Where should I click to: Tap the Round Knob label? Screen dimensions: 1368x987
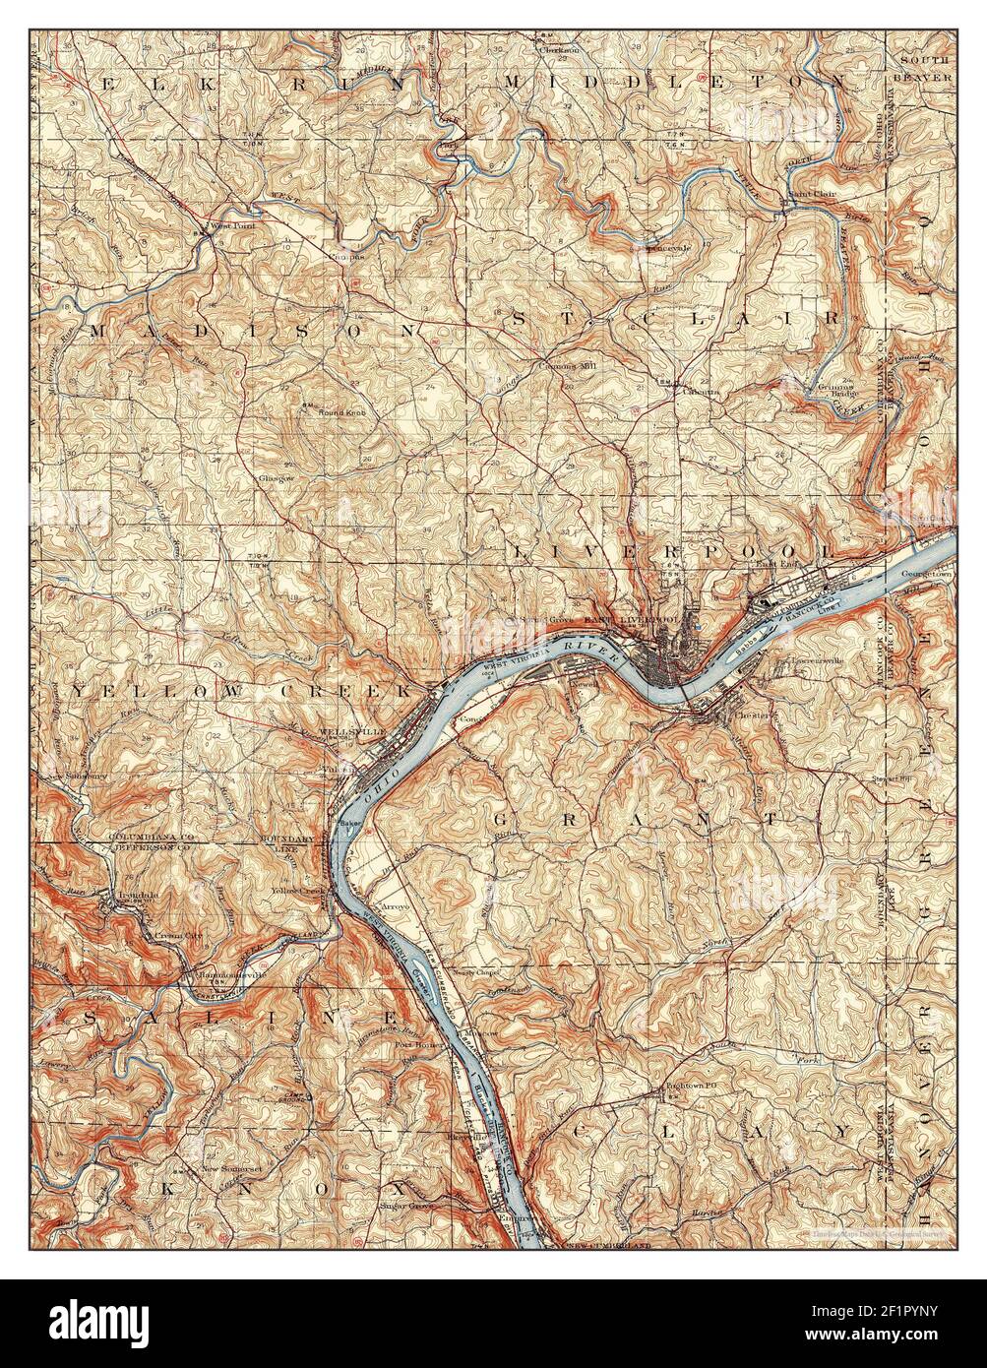340,412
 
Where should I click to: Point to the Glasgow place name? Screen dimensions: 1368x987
277,477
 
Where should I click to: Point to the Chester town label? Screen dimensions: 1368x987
754,715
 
